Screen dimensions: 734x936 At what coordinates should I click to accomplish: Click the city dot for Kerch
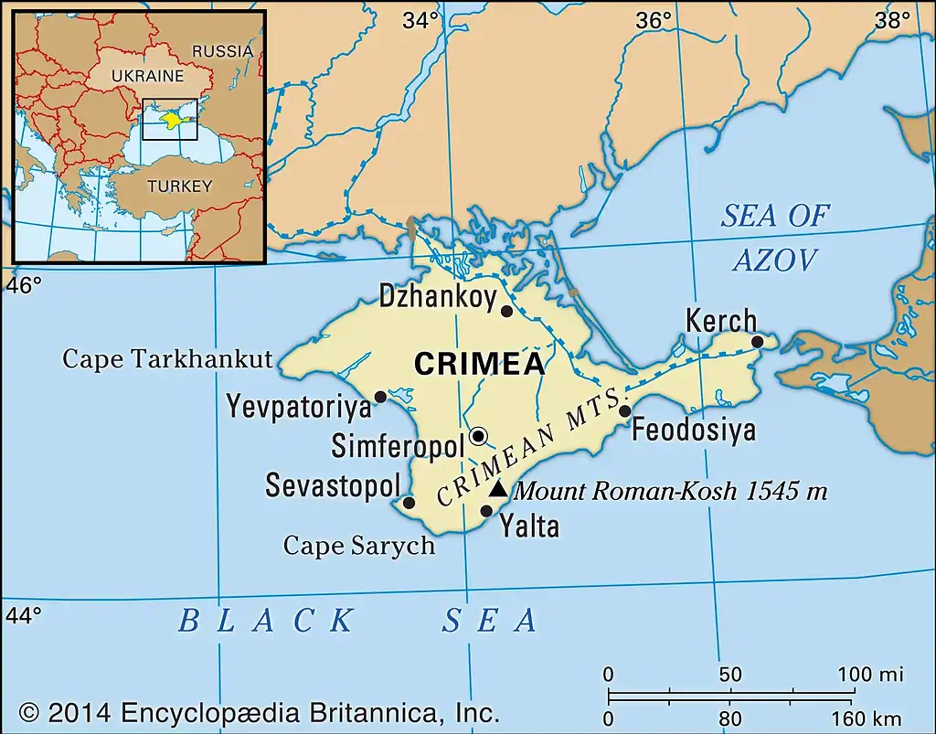(757, 342)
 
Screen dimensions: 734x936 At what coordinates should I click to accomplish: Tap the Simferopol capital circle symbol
(478, 435)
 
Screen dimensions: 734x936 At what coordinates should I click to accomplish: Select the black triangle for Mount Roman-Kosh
(497, 490)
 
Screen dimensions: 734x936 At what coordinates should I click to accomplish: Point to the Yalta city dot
(486, 511)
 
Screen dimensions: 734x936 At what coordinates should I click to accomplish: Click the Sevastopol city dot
(409, 503)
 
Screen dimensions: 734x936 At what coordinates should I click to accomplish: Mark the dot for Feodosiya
(624, 411)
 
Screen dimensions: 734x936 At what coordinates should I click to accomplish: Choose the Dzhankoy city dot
(507, 312)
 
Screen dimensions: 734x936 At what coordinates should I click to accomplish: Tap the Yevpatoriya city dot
(380, 397)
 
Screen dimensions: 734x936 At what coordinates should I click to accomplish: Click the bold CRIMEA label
(479, 364)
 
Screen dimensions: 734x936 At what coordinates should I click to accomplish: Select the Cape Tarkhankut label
(167, 359)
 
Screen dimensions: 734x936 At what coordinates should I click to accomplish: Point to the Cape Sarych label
(358, 546)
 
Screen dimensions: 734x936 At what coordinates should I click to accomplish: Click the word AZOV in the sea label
(774, 261)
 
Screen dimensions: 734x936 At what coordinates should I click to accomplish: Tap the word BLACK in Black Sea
(265, 622)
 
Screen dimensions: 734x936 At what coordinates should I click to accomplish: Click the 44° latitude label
(24, 615)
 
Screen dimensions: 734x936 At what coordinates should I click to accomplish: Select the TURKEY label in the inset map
(179, 186)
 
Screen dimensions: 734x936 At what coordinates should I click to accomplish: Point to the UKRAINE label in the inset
(147, 76)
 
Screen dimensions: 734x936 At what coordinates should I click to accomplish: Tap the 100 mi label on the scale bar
(871, 675)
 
